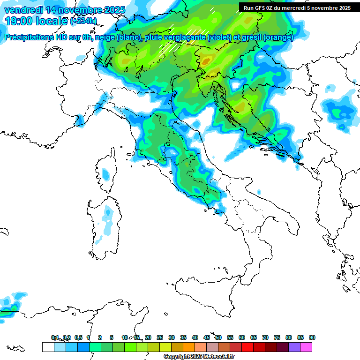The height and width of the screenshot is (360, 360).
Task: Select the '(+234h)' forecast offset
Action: point(83,21)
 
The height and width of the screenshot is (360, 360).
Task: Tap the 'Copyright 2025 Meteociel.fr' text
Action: point(199,357)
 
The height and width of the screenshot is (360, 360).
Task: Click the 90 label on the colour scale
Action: point(312,337)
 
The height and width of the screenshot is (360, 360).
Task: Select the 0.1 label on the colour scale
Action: point(55,337)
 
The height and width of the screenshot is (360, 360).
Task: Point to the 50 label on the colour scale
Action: point(218,337)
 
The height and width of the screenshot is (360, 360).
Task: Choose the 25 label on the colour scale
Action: point(160,337)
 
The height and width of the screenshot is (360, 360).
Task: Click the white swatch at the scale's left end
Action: point(48,347)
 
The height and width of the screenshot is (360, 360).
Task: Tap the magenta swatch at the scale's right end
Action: point(306,347)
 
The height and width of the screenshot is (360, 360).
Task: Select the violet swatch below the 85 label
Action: point(294,347)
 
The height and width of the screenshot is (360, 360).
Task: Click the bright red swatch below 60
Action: point(247,347)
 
